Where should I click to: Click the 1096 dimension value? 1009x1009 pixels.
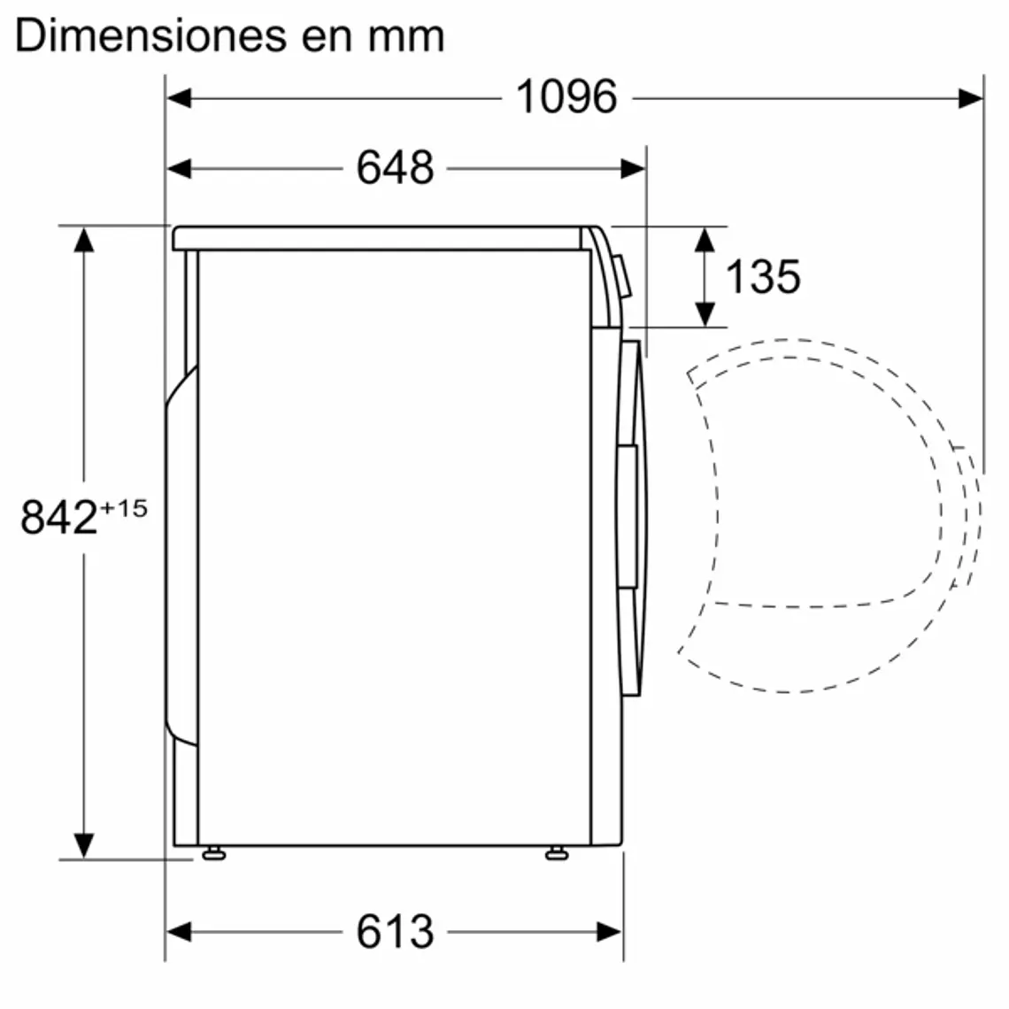point(566,96)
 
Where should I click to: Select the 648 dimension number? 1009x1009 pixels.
point(395,167)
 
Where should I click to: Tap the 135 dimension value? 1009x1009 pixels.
point(762,276)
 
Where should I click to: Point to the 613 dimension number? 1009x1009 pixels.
point(395,931)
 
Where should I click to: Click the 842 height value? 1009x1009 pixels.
point(58,518)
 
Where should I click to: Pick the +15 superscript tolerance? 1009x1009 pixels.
point(124,509)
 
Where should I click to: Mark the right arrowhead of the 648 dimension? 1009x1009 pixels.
point(634,168)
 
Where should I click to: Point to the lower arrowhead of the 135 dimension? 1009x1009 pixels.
point(705,313)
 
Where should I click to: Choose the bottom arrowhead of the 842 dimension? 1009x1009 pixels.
point(84,845)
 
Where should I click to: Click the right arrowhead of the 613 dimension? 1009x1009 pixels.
point(611,931)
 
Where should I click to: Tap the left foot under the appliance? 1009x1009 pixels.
point(212,854)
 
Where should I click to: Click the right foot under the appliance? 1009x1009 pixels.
point(556,854)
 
